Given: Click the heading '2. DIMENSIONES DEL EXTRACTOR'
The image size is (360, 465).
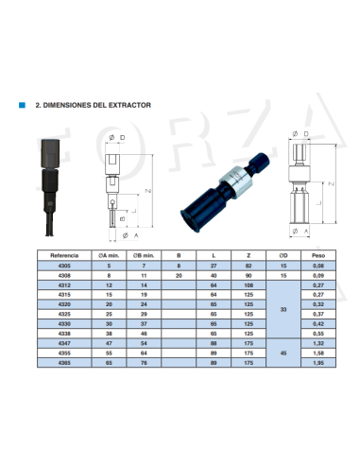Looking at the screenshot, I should point(93,107).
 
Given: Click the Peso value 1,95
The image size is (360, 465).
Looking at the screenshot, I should point(318,363).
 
